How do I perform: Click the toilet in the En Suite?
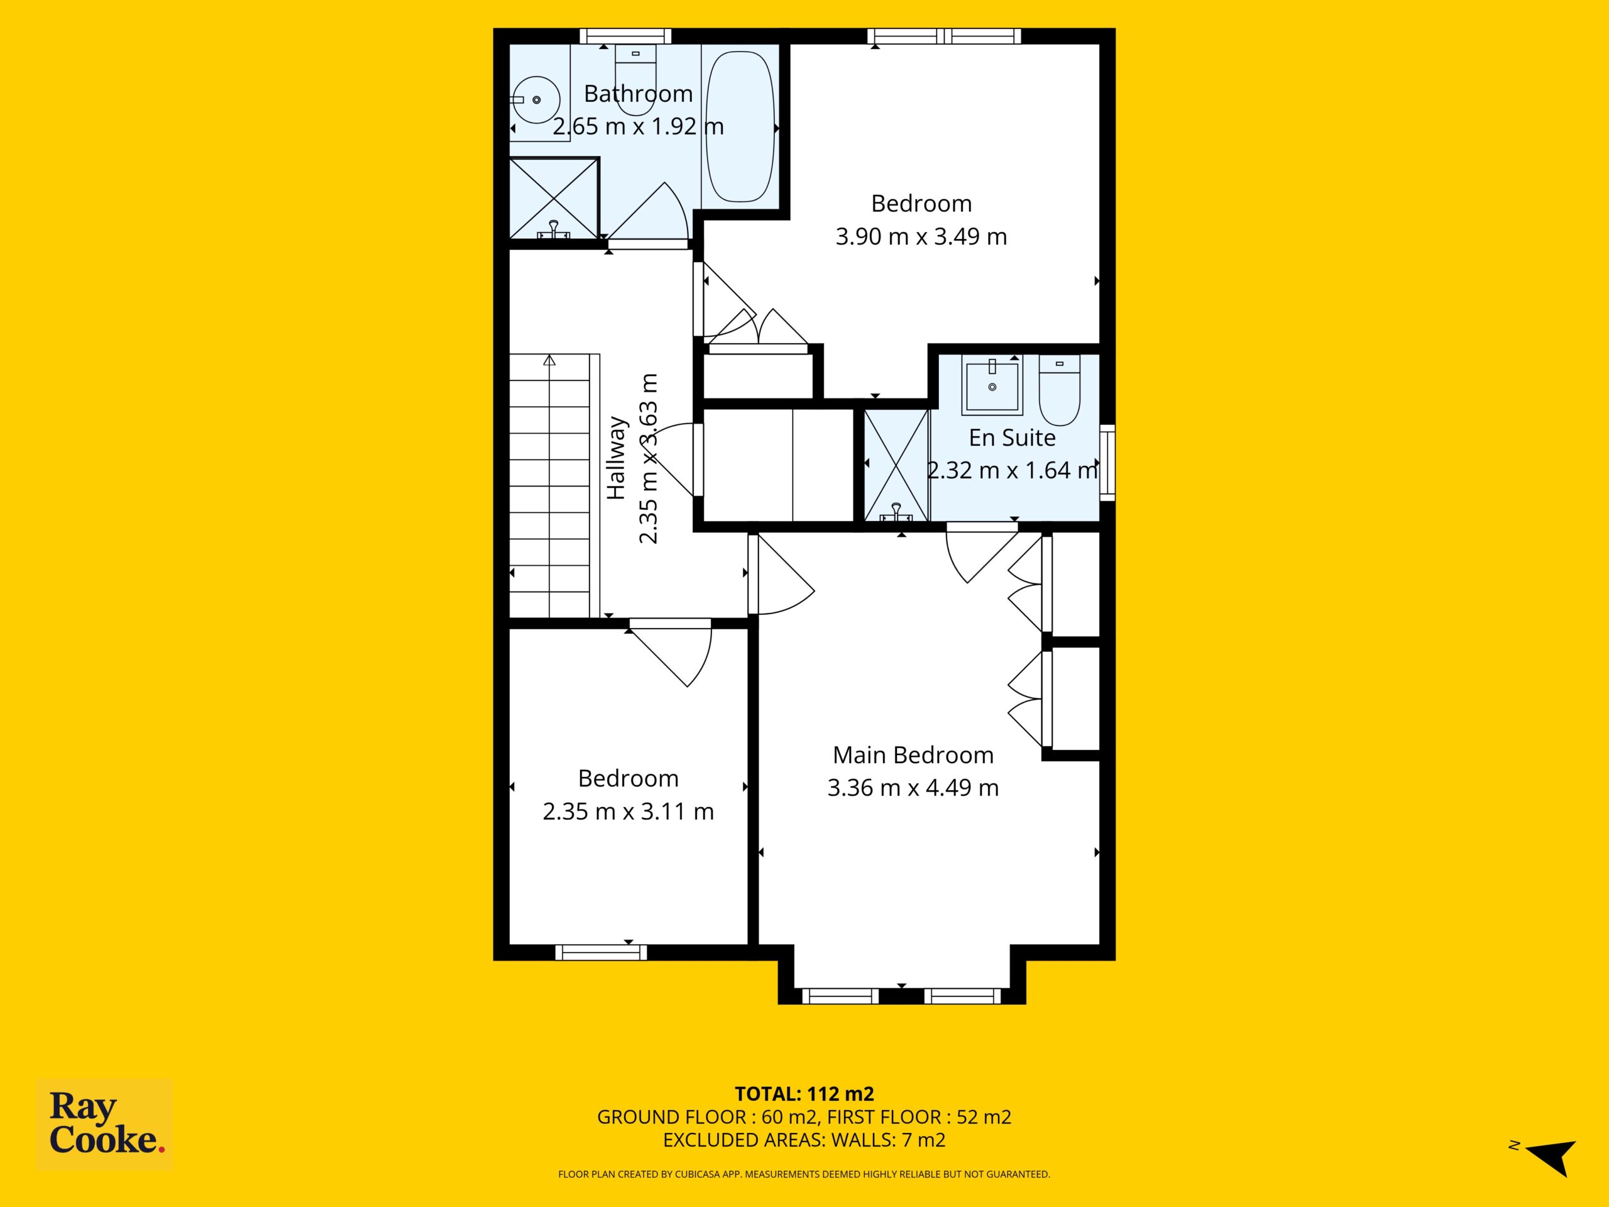[1059, 390]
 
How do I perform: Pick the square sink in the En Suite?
[992, 385]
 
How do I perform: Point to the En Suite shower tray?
[896, 466]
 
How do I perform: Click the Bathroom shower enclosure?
[554, 198]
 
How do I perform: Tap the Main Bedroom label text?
[913, 755]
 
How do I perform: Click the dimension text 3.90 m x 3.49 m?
[921, 236]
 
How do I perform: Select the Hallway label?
[616, 458]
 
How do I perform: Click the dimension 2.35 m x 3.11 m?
[629, 811]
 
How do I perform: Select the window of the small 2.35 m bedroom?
[601, 952]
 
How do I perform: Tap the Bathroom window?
[625, 36]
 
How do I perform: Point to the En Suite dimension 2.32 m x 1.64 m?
[1012, 470]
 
